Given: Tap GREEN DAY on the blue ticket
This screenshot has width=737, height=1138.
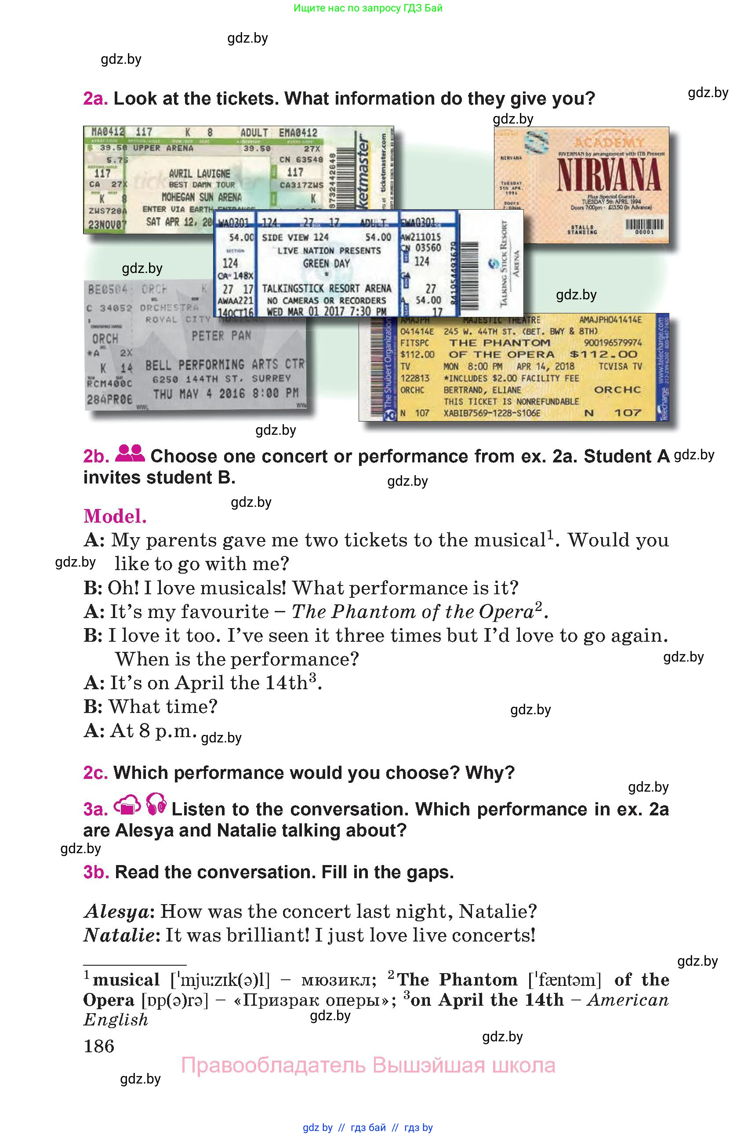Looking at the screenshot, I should tap(327, 263).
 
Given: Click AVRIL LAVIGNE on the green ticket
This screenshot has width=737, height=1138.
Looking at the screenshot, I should tap(200, 174).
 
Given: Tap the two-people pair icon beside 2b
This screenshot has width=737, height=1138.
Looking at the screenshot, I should tap(130, 453).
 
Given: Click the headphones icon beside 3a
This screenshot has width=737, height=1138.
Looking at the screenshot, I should tap(156, 804).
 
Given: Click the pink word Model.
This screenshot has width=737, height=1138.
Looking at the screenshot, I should tap(115, 516).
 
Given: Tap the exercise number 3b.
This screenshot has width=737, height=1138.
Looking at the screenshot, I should tap(96, 872).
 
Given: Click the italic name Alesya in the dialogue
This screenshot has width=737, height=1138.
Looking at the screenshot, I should tap(117, 911).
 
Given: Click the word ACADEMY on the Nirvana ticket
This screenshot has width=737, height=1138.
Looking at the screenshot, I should tap(608, 142).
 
